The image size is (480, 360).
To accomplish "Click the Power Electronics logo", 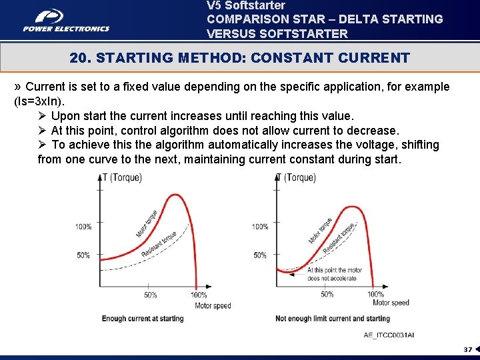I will coord(66,19).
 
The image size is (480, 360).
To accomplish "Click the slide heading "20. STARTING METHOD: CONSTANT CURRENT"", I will coord(239,58).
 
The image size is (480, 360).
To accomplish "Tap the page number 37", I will coord(467,349).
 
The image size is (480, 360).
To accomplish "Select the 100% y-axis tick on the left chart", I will coord(84,227).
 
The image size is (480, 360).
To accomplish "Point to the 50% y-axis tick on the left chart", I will coord(84,255).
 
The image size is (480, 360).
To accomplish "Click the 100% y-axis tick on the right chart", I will coord(261,227).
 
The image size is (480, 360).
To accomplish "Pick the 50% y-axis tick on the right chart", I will coord(261,255).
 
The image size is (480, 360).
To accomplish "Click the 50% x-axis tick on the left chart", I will coord(151,295).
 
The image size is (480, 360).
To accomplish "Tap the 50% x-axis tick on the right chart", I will coord(327,294).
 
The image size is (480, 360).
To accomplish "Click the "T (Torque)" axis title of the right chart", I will coord(296,177).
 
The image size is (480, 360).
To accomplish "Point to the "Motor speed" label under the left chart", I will coord(213,305).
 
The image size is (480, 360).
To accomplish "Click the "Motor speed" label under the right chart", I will coord(391,303).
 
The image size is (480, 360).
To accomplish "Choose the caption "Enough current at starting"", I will coord(143,319).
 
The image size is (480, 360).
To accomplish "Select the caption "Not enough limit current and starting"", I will coord(333,319).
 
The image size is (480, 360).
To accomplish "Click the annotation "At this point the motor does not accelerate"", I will coord(335,274).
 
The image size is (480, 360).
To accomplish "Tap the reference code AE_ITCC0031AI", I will coord(389,335).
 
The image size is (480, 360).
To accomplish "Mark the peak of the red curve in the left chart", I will coord(175,195).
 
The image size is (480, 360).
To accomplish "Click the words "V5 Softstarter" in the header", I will coord(246,5).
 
